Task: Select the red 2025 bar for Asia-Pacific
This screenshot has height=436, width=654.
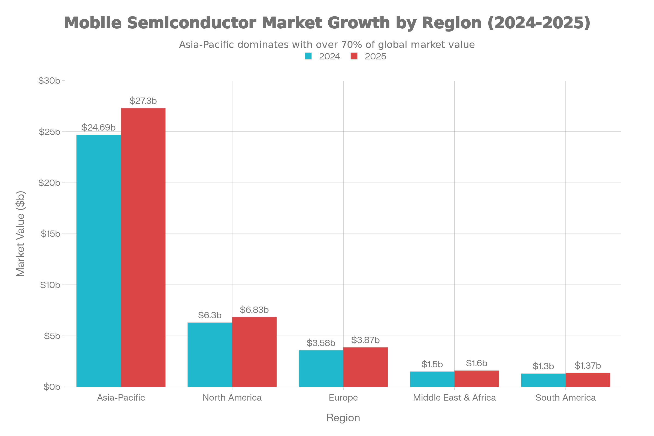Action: [143, 247]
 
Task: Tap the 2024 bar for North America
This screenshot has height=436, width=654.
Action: [210, 355]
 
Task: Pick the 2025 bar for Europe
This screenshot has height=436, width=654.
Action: [366, 367]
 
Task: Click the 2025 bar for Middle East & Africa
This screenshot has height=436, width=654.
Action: [477, 379]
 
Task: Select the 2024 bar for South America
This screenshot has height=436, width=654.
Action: [543, 380]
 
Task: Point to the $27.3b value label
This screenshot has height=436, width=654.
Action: [143, 101]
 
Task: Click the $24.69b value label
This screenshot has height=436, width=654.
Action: [98, 128]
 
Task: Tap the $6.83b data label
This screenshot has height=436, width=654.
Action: [254, 310]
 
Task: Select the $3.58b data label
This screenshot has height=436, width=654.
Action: [321, 343]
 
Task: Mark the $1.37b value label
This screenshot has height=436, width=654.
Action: [588, 366]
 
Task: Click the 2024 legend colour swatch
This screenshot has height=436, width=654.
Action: [308, 56]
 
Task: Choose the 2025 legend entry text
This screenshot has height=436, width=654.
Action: [376, 56]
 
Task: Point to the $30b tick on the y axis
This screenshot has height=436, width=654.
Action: [49, 81]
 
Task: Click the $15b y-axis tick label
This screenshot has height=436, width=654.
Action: [50, 234]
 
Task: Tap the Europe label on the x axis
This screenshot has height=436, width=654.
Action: [343, 398]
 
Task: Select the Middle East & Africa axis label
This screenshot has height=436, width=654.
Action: [454, 398]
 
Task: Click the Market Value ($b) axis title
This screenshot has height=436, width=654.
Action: [21, 234]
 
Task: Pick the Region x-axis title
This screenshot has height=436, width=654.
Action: [343, 418]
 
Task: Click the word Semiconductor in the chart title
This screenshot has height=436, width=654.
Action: [192, 23]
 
